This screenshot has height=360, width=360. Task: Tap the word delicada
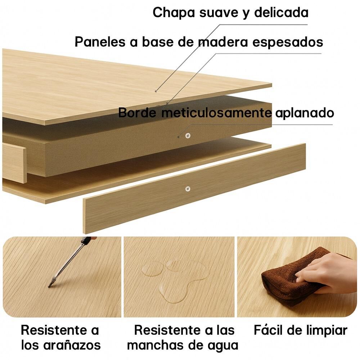[x=281, y=12]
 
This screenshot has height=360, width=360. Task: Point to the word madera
[x=223, y=42]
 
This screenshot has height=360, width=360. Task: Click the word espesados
[x=288, y=42]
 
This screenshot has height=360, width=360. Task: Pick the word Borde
[x=137, y=113]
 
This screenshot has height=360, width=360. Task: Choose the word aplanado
[x=305, y=113]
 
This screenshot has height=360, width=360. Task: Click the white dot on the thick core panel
[x=188, y=135]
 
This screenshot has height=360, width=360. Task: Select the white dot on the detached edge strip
[x=188, y=189]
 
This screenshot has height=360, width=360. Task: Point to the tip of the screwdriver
[x=49, y=286]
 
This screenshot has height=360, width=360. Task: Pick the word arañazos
[x=72, y=345]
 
